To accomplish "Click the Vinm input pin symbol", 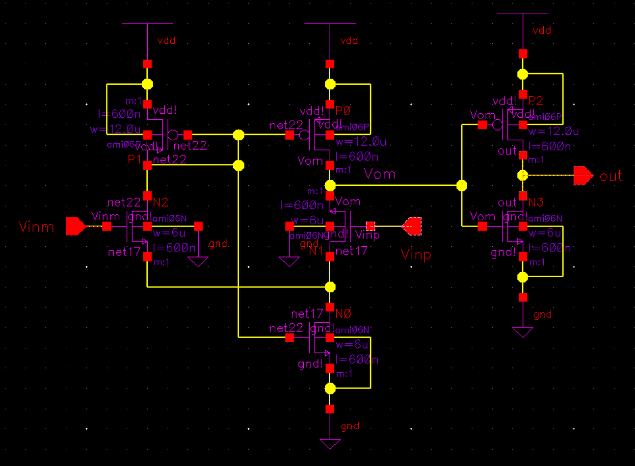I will tap(75, 226).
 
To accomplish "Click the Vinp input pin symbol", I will tap(412, 226).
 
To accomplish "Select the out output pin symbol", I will tap(583, 176).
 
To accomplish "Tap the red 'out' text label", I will tap(611, 176).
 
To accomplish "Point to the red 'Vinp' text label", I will tap(416, 255).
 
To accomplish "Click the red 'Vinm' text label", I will tap(36, 227).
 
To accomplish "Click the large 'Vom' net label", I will tap(380, 174).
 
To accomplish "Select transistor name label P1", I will tap(134, 159).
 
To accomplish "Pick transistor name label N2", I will tap(161, 202).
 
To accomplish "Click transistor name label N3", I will tap(536, 202).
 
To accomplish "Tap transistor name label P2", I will tap(536, 101).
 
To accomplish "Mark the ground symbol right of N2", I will tap(198, 261).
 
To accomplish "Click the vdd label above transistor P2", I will tap(542, 30).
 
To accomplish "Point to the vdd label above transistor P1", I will tap(166, 41).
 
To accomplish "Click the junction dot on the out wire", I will tap(523, 175).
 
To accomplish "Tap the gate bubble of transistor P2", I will tap(498, 125).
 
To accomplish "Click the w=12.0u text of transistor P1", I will tap(116, 129).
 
